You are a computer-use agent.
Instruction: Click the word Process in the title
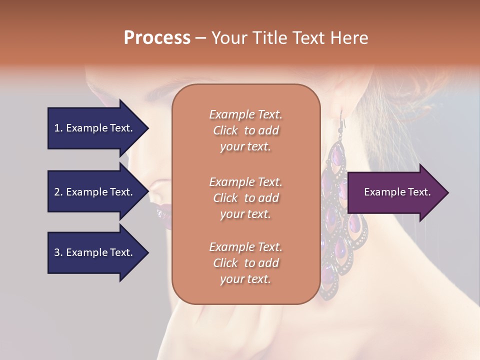157,38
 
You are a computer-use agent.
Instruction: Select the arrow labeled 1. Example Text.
95,128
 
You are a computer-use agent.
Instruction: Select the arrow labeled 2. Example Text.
95,192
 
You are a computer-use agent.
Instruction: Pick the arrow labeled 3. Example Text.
95,252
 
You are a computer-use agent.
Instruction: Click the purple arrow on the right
395,192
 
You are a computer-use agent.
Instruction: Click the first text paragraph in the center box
245,130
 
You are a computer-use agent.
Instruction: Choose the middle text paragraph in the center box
245,197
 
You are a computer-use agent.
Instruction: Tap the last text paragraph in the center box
245,263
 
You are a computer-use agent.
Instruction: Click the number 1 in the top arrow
56,128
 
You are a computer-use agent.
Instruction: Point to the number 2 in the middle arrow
56,192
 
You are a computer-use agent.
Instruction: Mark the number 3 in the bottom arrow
56,252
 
